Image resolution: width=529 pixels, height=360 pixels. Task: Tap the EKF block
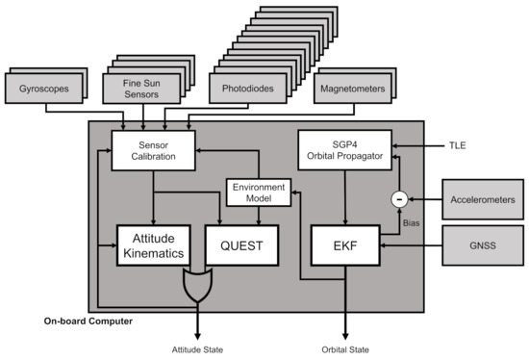click(x=343, y=245)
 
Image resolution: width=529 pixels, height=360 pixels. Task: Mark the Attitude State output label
click(x=198, y=349)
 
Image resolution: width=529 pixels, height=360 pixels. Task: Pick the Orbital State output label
click(x=343, y=349)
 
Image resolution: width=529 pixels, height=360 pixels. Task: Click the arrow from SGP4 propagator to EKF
click(x=343, y=197)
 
